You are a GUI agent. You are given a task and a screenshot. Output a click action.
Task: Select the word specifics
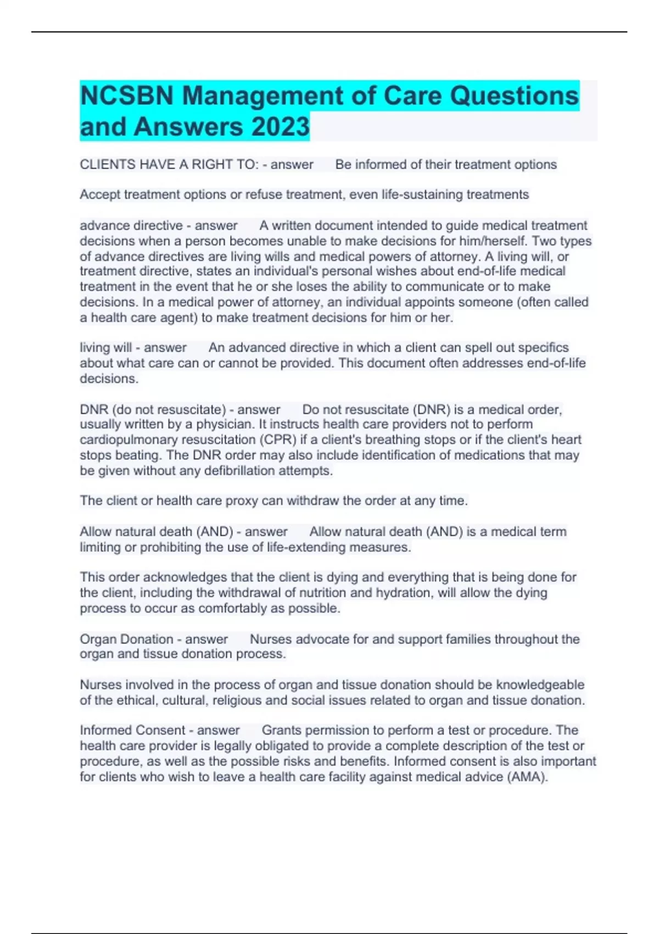click(543, 348)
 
